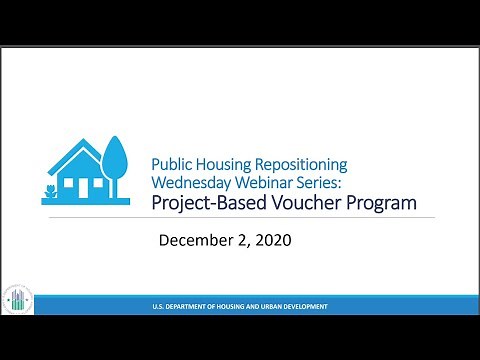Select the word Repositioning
click(x=310, y=164)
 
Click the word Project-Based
click(x=205, y=204)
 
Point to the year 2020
click(x=272, y=240)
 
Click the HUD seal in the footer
click(x=18, y=301)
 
